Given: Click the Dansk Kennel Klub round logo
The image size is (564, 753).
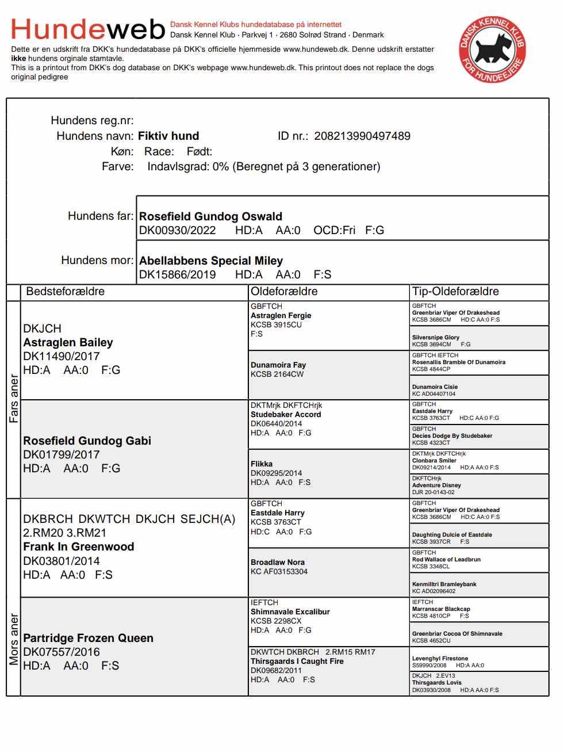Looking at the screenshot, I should [492, 49].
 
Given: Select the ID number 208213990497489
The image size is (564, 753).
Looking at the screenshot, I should [362, 136].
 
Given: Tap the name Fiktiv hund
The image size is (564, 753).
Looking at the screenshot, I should [168, 136].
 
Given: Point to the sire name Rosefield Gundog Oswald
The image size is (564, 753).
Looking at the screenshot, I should [210, 217].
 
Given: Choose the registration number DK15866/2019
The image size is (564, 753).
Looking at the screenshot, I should [177, 275].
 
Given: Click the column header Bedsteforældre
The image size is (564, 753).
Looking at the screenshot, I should [66, 292].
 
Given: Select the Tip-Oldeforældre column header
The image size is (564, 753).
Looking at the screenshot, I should [455, 292].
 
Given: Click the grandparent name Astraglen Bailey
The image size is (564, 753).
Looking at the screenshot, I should [68, 343].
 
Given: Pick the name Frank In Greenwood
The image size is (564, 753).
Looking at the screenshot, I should [78, 547].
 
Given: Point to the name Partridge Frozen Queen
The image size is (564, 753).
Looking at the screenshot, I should [88, 639].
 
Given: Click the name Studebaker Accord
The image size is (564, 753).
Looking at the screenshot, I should [286, 415].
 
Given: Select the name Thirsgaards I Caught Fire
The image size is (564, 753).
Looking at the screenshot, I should [297, 662].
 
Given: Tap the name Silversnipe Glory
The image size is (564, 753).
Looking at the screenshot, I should [435, 338].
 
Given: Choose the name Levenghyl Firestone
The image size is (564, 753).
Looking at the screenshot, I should [440, 659].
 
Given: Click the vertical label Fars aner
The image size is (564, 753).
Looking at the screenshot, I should [14, 399].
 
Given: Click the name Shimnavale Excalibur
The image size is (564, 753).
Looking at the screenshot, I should [290, 612].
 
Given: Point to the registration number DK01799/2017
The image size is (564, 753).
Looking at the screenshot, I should [61, 455].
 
